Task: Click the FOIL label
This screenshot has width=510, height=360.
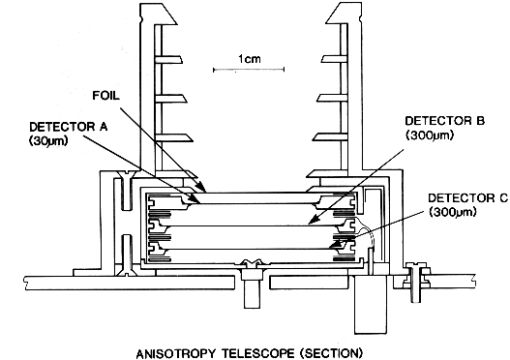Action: coord(106,96)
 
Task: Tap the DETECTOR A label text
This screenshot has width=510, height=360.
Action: coord(68,127)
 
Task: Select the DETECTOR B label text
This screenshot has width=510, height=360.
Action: coord(444,121)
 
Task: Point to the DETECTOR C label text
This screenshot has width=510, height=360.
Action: coord(467,197)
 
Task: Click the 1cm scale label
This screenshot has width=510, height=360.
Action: coord(250,59)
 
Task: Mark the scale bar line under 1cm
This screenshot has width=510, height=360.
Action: coord(249,70)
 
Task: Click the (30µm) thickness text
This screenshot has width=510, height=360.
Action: coord(48,140)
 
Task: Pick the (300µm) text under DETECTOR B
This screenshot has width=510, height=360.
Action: coord(430,135)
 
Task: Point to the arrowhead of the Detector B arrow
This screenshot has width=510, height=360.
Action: coord(312,221)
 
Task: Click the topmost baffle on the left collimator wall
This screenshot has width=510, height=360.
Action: coord(168,59)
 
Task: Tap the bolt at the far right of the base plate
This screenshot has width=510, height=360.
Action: coord(415,283)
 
